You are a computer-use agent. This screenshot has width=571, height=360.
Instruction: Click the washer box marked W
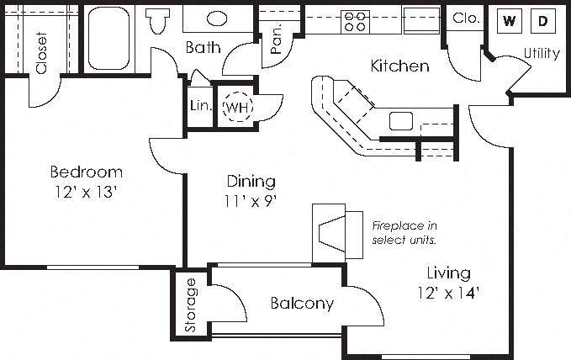pyautogui.click(x=509, y=21)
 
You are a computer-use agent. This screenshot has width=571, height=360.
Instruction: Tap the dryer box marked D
pyautogui.click(x=543, y=21)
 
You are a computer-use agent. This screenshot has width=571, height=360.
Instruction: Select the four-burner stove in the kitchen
pyautogui.click(x=355, y=22)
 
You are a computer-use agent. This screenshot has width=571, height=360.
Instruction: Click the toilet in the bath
pyautogui.click(x=158, y=21)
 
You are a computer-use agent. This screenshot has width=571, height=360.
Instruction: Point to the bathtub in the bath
pyautogui.click(x=108, y=38)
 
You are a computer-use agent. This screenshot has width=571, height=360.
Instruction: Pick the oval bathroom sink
pyautogui.click(x=217, y=19)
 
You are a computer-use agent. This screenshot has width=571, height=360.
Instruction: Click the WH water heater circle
pyautogui.click(x=237, y=107)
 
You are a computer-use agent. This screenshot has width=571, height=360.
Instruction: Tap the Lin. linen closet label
pyautogui.click(x=201, y=106)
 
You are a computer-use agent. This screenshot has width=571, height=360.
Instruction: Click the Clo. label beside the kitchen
pyautogui.click(x=465, y=18)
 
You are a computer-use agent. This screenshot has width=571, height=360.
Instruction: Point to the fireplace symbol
pyautogui.click(x=337, y=233)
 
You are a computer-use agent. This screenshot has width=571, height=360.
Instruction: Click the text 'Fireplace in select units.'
pyautogui.click(x=404, y=233)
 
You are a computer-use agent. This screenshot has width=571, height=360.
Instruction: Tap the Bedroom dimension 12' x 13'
pyautogui.click(x=86, y=192)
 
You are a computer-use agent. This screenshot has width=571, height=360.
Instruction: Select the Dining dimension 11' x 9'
pyautogui.click(x=251, y=201)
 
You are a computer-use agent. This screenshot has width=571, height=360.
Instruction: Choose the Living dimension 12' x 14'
pyautogui.click(x=448, y=293)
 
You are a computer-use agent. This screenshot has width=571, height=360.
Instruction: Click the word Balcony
pyautogui.click(x=302, y=303)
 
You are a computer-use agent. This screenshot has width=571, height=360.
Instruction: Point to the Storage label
pyautogui.click(x=190, y=305)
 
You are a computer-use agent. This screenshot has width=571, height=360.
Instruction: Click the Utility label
pyautogui.click(x=542, y=53)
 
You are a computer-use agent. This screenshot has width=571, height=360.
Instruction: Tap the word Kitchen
pyautogui.click(x=399, y=66)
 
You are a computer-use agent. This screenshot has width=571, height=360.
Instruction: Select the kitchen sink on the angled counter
pyautogui.click(x=401, y=121)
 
